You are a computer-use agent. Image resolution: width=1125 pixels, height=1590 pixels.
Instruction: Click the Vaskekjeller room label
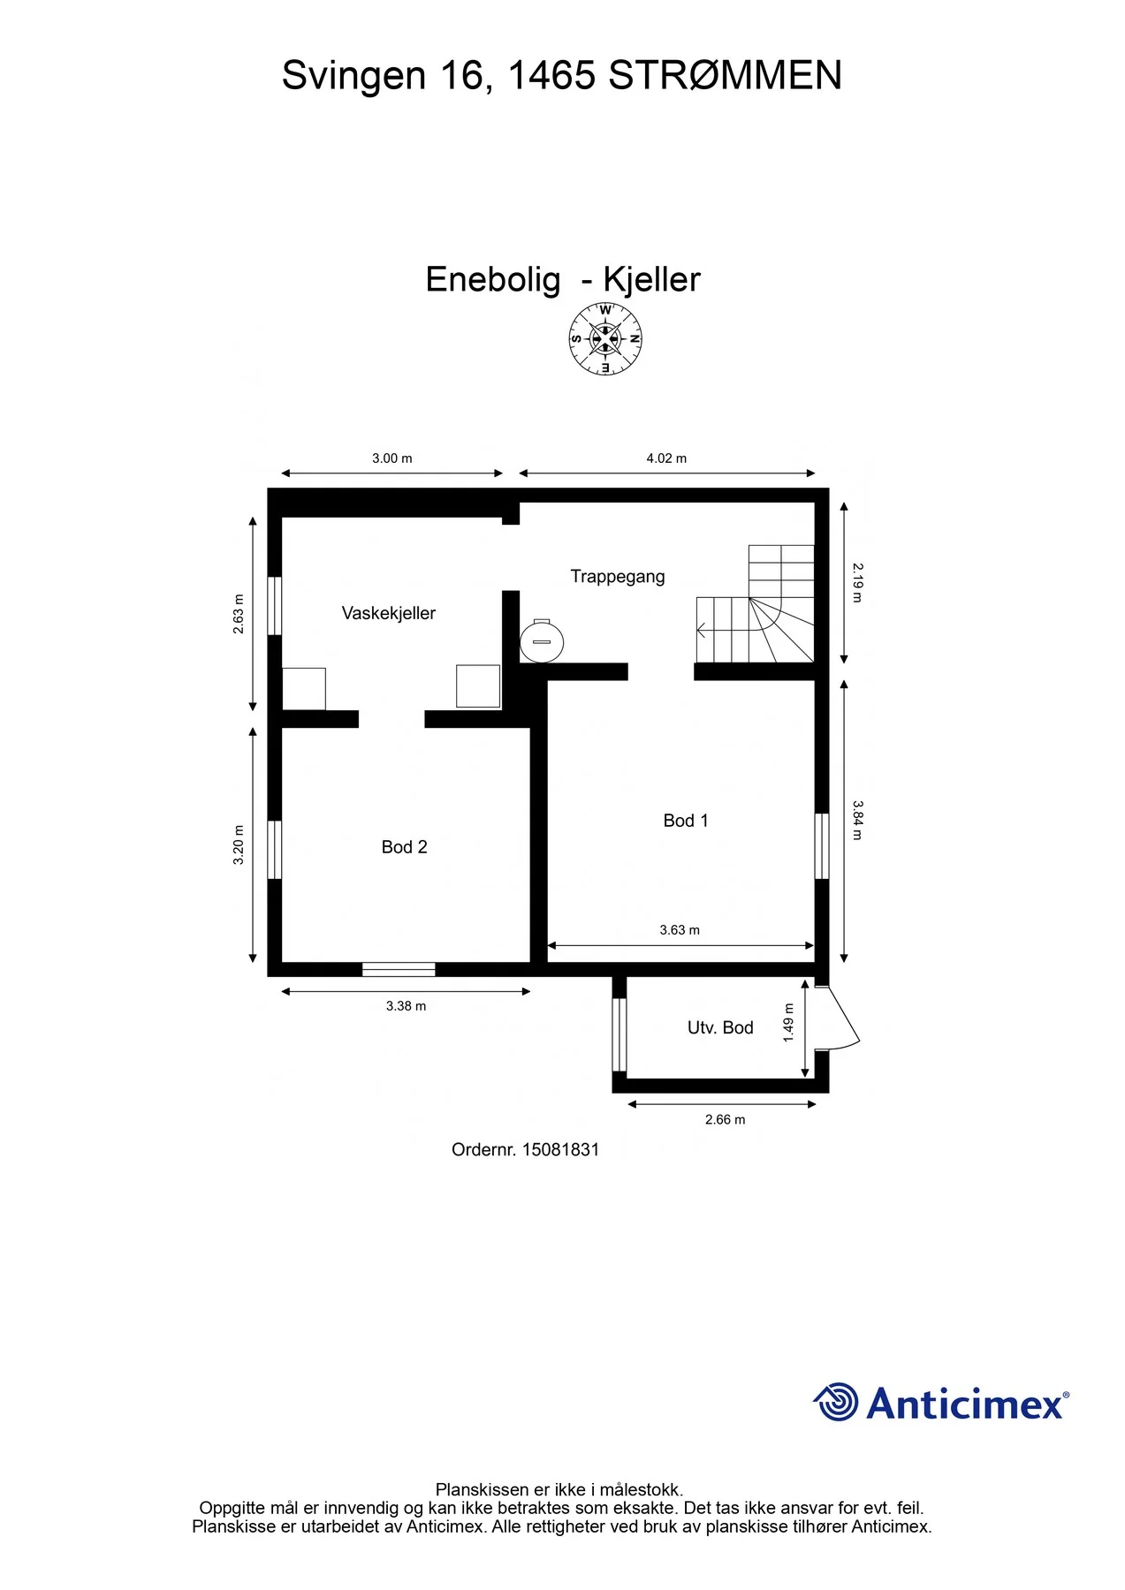click(x=389, y=613)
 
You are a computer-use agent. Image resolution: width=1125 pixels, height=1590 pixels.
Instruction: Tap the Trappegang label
click(x=618, y=577)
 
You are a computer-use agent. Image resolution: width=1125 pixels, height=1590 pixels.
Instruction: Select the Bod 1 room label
click(x=686, y=821)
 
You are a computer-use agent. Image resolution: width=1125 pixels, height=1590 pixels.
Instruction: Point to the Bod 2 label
click(x=404, y=847)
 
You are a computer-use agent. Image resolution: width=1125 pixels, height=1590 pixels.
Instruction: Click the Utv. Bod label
click(x=720, y=1027)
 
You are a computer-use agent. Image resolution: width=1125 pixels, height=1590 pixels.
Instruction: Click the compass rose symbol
click(x=605, y=338)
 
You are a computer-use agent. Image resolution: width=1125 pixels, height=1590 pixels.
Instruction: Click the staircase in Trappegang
click(x=756, y=604)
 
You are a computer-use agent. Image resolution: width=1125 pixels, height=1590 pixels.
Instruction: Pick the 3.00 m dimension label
click(x=391, y=458)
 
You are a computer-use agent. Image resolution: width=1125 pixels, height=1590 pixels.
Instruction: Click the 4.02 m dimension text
click(x=666, y=458)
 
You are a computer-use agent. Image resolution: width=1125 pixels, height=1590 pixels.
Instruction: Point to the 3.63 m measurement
click(x=680, y=930)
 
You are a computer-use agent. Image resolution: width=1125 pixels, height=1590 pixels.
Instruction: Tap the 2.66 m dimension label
click(x=725, y=1120)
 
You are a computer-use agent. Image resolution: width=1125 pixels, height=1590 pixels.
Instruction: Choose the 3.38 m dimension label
click(x=406, y=1006)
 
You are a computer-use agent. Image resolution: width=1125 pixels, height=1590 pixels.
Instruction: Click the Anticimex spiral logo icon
click(x=835, y=1402)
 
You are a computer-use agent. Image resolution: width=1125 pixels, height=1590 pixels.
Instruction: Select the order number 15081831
click(x=561, y=1150)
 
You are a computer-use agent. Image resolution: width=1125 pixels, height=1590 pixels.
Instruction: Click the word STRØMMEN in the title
click(x=725, y=76)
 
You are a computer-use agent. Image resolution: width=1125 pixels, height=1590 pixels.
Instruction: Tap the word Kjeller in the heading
click(x=651, y=280)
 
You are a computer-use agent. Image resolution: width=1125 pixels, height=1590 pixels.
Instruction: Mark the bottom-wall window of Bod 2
click(x=399, y=970)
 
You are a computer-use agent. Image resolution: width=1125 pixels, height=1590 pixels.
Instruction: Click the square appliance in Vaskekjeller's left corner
click(x=304, y=689)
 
